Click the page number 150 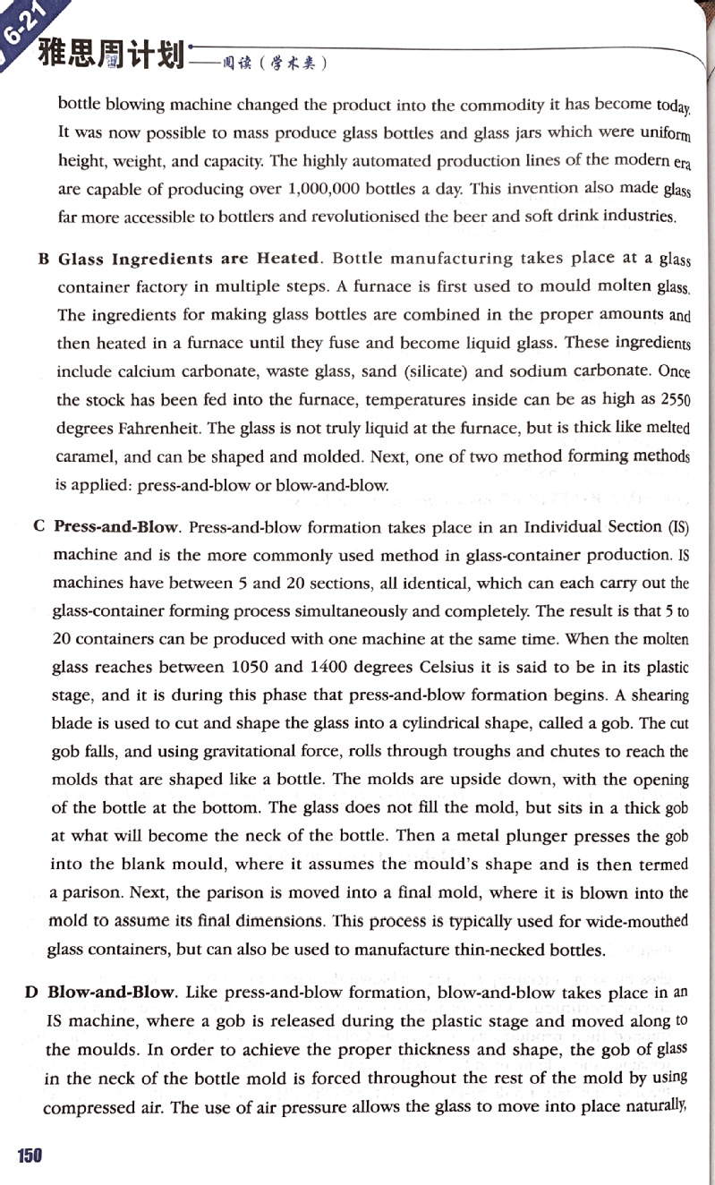(30, 1155)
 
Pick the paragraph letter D (31, 993)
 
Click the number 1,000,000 (330, 189)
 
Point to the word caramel (85, 456)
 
